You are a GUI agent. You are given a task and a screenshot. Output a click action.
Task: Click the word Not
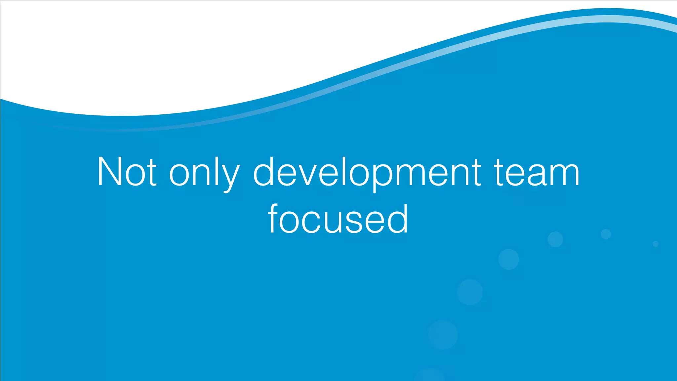click(127, 172)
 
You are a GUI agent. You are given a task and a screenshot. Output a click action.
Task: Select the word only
click(204, 174)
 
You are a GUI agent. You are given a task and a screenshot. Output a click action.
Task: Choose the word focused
click(338, 219)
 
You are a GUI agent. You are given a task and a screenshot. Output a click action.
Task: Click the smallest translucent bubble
click(656, 244)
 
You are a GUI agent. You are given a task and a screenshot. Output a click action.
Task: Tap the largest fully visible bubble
click(443, 335)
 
